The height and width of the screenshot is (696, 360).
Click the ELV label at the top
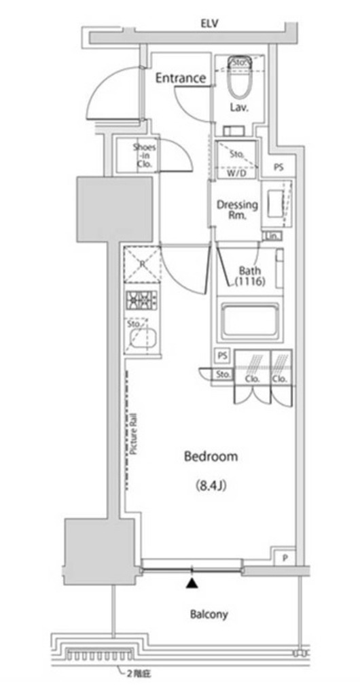pos(209,24)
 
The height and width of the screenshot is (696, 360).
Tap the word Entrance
pos(180,78)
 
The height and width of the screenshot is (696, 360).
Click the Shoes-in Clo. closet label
pos(144,156)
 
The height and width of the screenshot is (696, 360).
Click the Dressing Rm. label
pos(237,210)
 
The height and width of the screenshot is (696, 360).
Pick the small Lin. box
pos(273,236)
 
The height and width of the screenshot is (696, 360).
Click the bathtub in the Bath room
pos(249,321)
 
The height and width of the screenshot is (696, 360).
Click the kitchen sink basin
pos(143,338)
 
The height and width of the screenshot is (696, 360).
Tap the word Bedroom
pos(211,457)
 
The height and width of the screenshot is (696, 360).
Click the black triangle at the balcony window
pos(193,582)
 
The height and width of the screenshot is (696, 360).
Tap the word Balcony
pos(209,614)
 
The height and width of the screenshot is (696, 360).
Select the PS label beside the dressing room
pos(279,167)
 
